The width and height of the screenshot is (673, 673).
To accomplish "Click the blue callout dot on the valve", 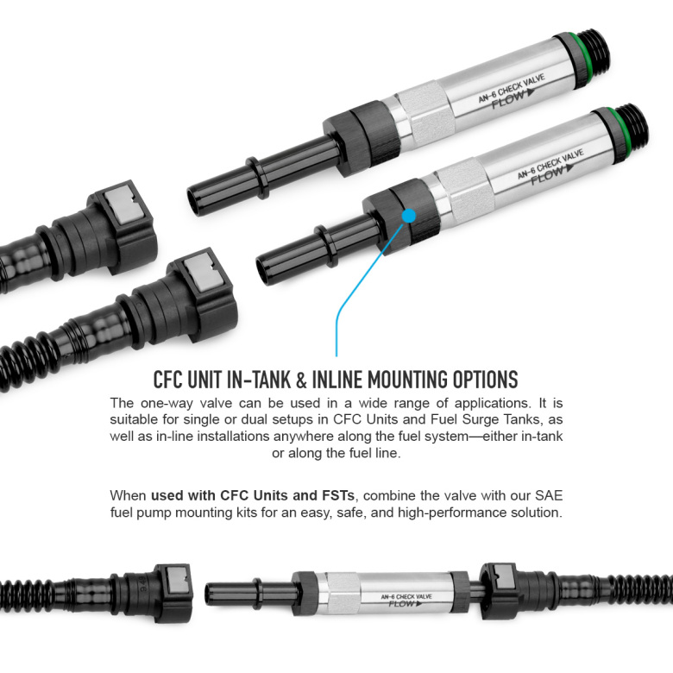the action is [x=409, y=216].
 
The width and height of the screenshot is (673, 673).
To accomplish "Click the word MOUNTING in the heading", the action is [x=401, y=380].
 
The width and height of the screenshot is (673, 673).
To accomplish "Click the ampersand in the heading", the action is [x=301, y=380].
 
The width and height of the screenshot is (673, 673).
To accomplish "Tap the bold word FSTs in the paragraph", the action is [x=338, y=495].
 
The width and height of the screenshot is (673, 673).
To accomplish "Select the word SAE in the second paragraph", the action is [x=549, y=495].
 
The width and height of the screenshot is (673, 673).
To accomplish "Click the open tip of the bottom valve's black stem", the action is [x=209, y=593].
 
